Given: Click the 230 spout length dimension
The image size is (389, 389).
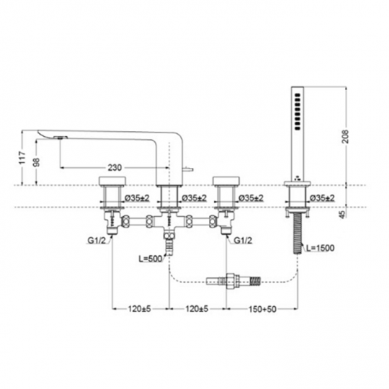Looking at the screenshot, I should tap(115, 164).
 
